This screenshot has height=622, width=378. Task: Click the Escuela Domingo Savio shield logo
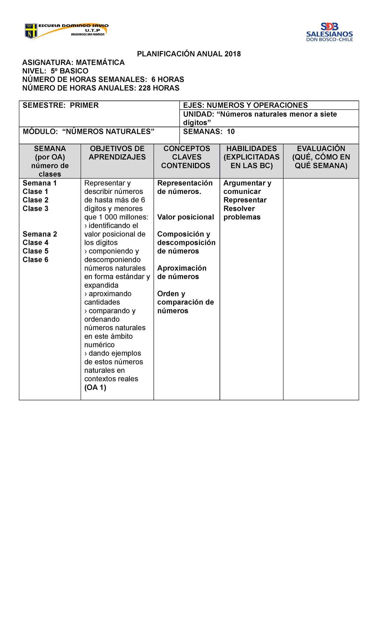pos(31,31)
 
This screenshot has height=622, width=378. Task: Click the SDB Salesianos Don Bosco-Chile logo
pos(329,32)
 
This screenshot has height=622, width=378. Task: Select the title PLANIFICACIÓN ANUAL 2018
pos(189,54)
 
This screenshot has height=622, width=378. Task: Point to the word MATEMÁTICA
pos(100,63)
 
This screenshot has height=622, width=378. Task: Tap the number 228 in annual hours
pos(145,88)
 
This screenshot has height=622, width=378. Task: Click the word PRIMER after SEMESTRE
pos(84,105)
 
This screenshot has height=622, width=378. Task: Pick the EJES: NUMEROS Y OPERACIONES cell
pos(245,105)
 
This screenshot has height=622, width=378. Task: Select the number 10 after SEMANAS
pos(231,132)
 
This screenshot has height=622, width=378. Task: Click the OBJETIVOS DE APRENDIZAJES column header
pos(117,153)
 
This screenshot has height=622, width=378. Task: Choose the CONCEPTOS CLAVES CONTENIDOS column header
pos(186,157)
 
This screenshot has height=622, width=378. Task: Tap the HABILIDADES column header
pos(251,157)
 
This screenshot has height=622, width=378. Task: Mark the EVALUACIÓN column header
pos(321,157)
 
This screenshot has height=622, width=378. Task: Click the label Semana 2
pos(40,234)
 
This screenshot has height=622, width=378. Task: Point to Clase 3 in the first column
pos(35,209)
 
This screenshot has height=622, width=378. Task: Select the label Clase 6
pos(35,260)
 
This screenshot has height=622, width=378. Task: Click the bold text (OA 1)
pos(95,387)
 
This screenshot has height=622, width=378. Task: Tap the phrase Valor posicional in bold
pos(186,217)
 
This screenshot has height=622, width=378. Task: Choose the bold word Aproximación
pos(182,268)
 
